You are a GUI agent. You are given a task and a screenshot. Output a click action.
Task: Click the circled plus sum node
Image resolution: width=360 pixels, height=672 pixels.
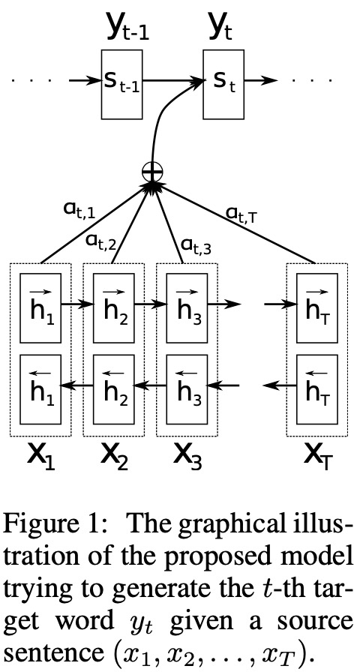click(152, 172)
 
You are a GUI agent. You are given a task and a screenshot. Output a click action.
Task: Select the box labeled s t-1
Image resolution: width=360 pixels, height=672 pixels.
click(121, 85)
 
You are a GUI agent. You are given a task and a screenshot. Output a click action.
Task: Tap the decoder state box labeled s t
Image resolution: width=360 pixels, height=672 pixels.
click(223, 85)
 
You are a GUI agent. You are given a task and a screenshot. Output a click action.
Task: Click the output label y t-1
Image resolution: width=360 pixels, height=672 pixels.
click(128, 30)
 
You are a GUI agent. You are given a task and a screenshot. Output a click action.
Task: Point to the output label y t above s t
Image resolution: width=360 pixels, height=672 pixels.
click(220, 30)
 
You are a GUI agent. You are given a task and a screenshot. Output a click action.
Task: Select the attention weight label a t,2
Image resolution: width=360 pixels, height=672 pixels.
click(100, 243)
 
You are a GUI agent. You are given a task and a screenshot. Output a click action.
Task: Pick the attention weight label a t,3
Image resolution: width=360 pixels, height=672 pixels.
click(196, 245)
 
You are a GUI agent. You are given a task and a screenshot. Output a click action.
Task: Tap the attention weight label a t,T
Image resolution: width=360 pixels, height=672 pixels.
click(242, 213)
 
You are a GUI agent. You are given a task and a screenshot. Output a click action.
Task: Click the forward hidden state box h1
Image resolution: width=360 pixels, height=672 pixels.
click(40, 308)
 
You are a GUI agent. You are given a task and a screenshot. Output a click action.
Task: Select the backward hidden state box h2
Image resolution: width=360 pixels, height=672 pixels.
click(113, 389)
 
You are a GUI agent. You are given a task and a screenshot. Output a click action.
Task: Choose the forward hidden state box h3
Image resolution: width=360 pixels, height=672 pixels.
click(187, 308)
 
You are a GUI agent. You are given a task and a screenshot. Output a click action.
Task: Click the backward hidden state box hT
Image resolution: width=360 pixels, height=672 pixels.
click(317, 389)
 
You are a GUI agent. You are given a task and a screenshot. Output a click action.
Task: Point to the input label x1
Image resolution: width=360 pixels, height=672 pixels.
click(41, 456)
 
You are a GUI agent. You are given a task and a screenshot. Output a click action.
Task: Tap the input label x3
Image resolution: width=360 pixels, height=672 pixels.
click(187, 456)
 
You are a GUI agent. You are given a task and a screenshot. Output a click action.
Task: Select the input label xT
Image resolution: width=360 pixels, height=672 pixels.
click(318, 456)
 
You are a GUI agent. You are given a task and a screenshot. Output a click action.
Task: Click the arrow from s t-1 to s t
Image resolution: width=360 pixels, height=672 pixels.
click(172, 80)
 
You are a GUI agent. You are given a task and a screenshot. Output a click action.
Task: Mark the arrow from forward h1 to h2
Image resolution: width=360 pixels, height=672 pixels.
click(77, 304)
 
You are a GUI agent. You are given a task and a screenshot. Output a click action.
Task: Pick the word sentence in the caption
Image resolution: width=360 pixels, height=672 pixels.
click(52, 652)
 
